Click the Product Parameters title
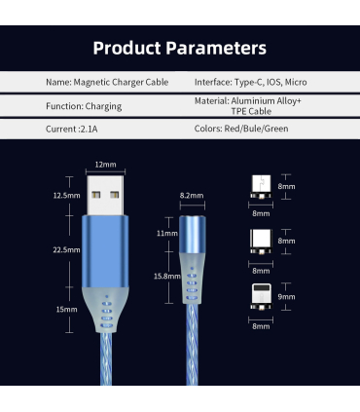point(180,48)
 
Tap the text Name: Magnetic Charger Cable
point(107,82)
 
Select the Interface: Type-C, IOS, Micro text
point(251,82)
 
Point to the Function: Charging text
point(84,106)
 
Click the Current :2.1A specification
point(72,130)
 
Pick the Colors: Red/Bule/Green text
point(241,129)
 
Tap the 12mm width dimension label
point(105,165)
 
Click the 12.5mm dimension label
point(66,196)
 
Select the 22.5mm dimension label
point(66,250)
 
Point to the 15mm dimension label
point(66,310)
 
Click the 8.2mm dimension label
point(192,196)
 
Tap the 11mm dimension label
point(167,234)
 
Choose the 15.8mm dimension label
point(167,277)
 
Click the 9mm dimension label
point(286,297)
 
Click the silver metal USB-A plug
point(105,196)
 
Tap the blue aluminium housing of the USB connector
point(105,251)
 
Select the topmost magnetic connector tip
point(261,187)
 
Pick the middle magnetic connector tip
point(261,242)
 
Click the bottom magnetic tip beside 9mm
point(261,297)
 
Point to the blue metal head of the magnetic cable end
point(193,235)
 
